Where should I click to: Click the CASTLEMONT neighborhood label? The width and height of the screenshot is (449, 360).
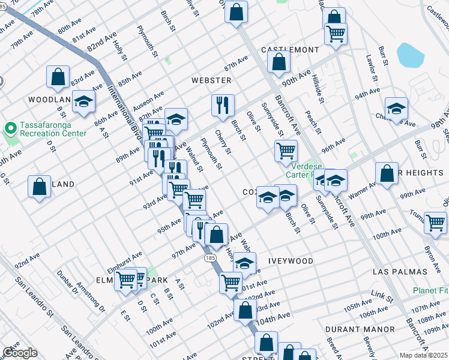pyautogui.click(x=285, y=50)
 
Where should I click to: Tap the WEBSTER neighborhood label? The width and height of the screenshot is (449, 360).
pyautogui.click(x=211, y=80)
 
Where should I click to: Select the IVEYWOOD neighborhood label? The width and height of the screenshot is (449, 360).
pyautogui.click(x=291, y=261)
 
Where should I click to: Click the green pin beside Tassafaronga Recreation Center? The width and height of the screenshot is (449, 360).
pyautogui.click(x=10, y=128)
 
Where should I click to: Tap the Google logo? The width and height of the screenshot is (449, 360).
pyautogui.click(x=20, y=353)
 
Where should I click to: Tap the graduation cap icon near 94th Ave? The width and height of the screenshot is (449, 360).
pyautogui.click(x=396, y=109)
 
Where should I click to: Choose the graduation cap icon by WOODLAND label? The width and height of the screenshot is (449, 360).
pyautogui.click(x=83, y=102)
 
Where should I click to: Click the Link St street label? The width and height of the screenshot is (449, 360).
pyautogui.click(x=381, y=296)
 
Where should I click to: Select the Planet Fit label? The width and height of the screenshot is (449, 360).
pyautogui.click(x=430, y=290)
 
